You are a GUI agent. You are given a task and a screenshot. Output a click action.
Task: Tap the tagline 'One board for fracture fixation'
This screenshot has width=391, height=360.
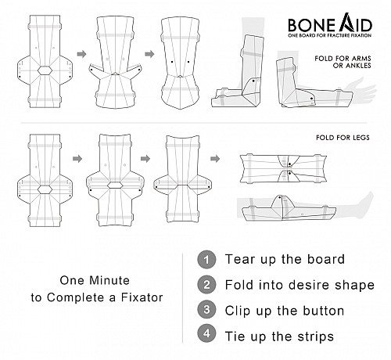[330, 35]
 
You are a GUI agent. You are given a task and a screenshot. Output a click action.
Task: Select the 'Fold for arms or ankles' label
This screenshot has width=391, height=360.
[343, 62]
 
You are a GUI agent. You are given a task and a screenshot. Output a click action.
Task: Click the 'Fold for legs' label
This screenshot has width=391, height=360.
[343, 138]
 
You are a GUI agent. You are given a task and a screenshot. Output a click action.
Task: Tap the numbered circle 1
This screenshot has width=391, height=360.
[206, 259]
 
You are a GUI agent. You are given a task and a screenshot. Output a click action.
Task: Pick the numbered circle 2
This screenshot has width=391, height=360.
[206, 285]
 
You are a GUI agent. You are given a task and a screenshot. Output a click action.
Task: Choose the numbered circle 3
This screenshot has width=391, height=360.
[206, 310]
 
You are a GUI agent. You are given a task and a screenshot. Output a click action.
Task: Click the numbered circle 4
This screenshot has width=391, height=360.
[206, 333]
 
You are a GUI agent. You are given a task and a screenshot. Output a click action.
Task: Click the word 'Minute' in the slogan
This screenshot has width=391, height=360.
[109, 280]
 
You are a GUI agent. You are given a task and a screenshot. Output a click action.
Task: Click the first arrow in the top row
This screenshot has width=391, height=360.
[82, 54]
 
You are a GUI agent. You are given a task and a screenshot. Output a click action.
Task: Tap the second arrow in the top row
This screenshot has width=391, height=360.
[149, 54]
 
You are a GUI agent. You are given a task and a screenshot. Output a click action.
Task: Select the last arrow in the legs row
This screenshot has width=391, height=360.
[215, 158]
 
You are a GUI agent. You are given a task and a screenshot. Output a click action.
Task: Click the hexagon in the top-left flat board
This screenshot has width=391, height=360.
[45, 70]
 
